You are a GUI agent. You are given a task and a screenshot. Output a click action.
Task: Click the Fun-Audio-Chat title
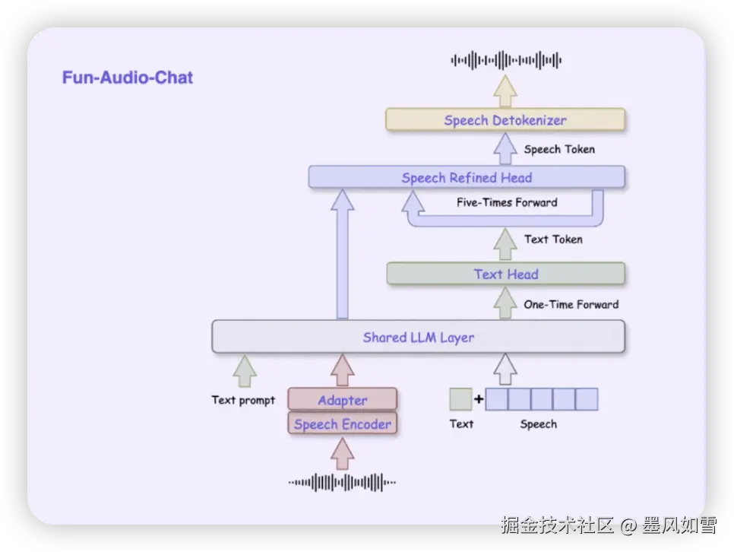[x=128, y=78]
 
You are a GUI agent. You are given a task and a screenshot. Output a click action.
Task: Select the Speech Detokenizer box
[x=505, y=120]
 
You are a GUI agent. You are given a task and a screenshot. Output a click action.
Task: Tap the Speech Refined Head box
[x=467, y=178]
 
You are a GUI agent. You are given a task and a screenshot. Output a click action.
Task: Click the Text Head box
[x=505, y=274]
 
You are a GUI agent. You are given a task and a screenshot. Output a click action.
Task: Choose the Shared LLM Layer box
[x=418, y=337]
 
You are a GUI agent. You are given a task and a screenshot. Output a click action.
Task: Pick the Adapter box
[x=342, y=400]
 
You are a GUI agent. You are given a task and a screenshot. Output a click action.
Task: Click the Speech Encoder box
[x=342, y=424]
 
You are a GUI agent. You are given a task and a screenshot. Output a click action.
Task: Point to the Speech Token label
[x=559, y=150]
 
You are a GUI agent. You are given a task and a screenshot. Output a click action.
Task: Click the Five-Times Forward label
[x=507, y=203]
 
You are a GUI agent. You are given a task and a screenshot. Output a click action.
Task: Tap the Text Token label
[x=553, y=240]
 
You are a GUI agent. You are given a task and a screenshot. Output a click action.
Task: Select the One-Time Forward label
[x=571, y=305]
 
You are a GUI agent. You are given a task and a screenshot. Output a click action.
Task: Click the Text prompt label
[x=243, y=400]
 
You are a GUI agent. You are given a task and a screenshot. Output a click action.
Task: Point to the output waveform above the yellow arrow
[x=505, y=60]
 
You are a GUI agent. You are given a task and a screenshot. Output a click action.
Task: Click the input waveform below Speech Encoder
[x=342, y=482]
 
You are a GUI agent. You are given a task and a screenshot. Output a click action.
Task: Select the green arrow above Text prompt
[x=244, y=371]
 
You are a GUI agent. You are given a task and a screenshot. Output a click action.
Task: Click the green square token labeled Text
[x=460, y=399]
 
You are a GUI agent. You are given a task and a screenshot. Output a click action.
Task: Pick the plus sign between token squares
[x=479, y=399]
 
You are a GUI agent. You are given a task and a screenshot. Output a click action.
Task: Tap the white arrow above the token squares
[x=505, y=370]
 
